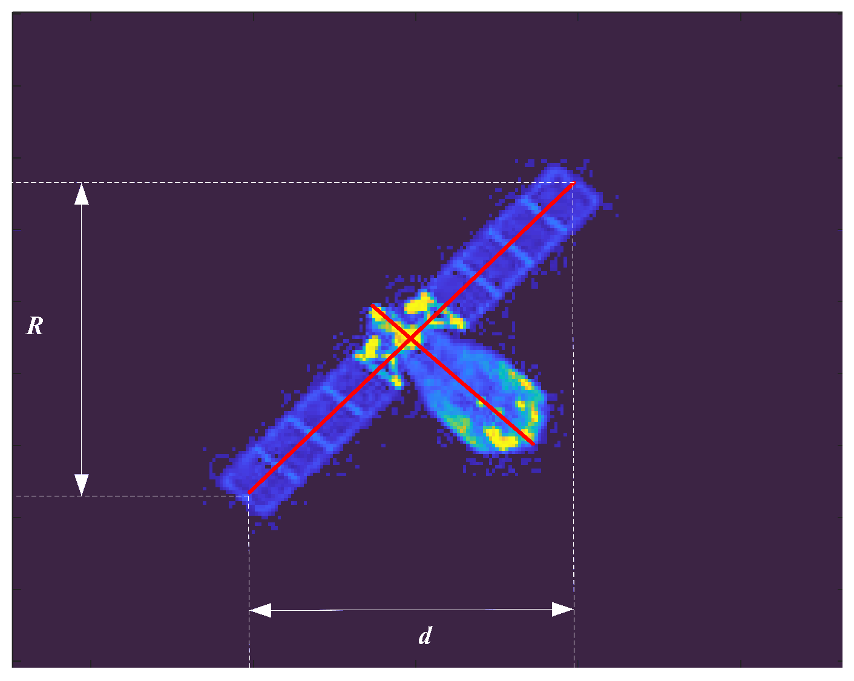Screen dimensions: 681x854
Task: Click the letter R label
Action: [34, 326]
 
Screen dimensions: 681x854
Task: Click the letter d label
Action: [425, 636]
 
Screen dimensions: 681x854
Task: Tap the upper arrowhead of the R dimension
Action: [82, 194]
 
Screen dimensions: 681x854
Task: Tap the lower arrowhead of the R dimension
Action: [82, 485]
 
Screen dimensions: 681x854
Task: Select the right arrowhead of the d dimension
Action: [563, 610]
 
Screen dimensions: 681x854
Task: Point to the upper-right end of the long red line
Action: [573, 182]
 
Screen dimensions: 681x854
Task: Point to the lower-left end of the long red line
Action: [249, 493]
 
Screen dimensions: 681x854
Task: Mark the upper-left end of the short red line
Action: [372, 305]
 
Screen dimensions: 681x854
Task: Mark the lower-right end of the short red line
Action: [533, 444]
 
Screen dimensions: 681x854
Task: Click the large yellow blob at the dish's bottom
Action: [502, 439]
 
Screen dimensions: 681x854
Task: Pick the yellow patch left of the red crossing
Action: [370, 348]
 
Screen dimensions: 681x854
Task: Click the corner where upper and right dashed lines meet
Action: [574, 182]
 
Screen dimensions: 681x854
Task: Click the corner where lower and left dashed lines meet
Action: [249, 496]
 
